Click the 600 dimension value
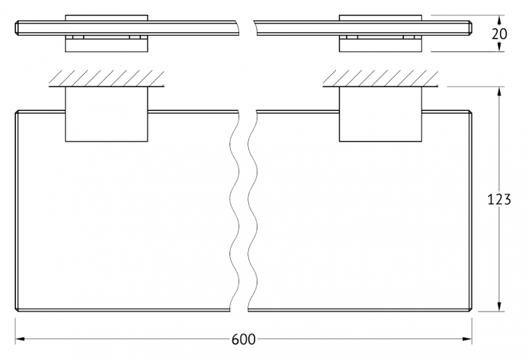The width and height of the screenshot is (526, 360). click(x=243, y=340)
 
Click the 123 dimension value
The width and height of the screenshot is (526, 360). click(x=499, y=199)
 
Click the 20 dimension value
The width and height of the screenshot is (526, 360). click(x=499, y=34)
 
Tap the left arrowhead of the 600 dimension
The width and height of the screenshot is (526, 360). click(x=20, y=339)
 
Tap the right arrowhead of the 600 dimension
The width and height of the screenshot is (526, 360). click(x=467, y=339)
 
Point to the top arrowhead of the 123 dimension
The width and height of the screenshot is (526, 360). click(x=499, y=92)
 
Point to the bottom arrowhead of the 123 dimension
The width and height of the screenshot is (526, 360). click(x=499, y=307)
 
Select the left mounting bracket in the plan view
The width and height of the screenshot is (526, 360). click(x=107, y=114)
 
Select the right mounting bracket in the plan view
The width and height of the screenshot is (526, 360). click(x=380, y=114)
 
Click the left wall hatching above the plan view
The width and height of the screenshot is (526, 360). click(x=107, y=79)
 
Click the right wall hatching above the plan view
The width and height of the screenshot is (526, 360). click(x=380, y=79)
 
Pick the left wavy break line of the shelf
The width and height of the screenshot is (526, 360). click(x=234, y=211)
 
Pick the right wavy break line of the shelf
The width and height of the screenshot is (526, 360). click(x=252, y=211)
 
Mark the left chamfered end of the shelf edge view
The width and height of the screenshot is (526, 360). click(x=17, y=27)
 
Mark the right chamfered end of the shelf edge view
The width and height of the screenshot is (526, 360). click(x=471, y=27)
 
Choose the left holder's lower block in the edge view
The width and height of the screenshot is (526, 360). click(x=107, y=46)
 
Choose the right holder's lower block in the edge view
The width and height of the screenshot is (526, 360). click(x=380, y=46)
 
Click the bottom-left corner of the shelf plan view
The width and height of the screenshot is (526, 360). click(x=15, y=311)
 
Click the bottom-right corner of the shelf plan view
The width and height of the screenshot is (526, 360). click(x=472, y=311)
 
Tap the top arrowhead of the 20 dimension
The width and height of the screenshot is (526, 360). click(x=499, y=20)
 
